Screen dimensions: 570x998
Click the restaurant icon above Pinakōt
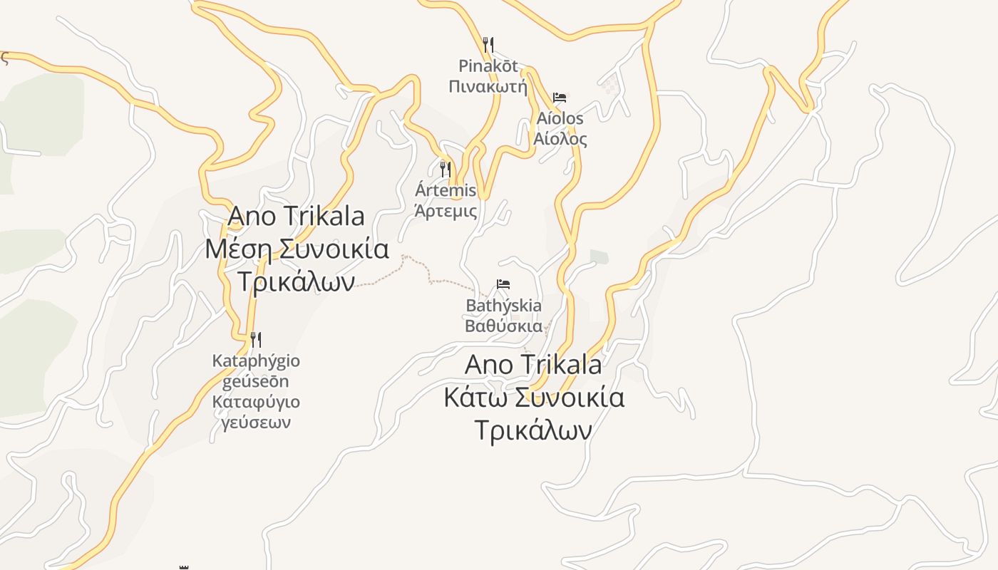(488, 45)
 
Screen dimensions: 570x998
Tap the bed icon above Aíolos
(560, 98)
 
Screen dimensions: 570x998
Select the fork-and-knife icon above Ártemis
(446, 170)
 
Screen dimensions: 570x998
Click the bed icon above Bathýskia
(503, 284)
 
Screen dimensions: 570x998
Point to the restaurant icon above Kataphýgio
(256, 339)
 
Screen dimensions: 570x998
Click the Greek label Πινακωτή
(488, 87)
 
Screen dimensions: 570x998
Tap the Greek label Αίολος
(560, 138)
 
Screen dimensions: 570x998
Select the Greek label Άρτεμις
(446, 211)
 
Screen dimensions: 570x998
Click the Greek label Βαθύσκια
(503, 326)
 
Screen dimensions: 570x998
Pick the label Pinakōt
(488, 66)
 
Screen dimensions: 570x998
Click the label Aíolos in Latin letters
(560, 118)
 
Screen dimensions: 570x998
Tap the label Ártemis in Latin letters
(446, 190)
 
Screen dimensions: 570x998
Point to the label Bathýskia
(503, 306)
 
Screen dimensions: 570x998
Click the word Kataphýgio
(256, 361)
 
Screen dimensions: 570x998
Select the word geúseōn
(256, 381)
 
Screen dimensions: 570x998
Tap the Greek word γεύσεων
(256, 423)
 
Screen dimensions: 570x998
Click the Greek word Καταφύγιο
(256, 402)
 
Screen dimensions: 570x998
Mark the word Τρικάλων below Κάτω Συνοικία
(533, 430)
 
